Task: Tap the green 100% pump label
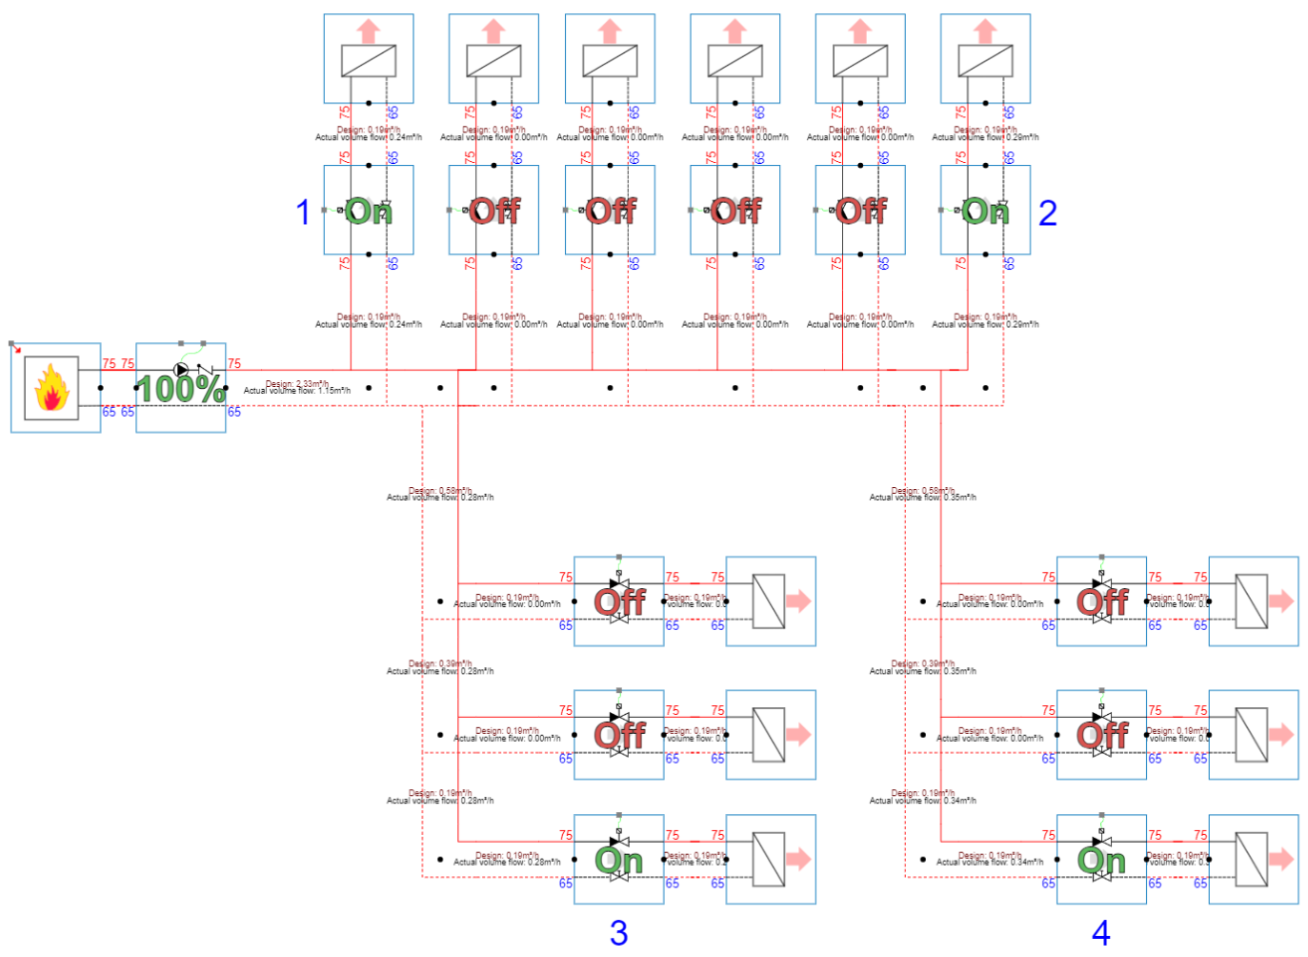(181, 389)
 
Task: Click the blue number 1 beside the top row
(303, 212)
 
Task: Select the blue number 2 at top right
(1047, 212)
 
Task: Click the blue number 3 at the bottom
(618, 932)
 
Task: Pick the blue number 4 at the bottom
(1100, 932)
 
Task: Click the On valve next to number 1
(368, 211)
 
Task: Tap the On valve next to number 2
(985, 211)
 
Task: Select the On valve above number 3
(619, 860)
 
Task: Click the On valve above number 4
(1101, 860)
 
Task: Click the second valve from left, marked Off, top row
(493, 211)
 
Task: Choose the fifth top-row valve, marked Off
(860, 211)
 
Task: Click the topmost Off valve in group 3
(619, 601)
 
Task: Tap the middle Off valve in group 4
(1101, 735)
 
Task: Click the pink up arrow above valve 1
(368, 31)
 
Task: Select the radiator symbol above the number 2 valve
(985, 61)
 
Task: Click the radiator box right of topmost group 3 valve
(770, 601)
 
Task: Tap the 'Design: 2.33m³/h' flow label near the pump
(296, 383)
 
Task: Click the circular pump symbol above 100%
(181, 370)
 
